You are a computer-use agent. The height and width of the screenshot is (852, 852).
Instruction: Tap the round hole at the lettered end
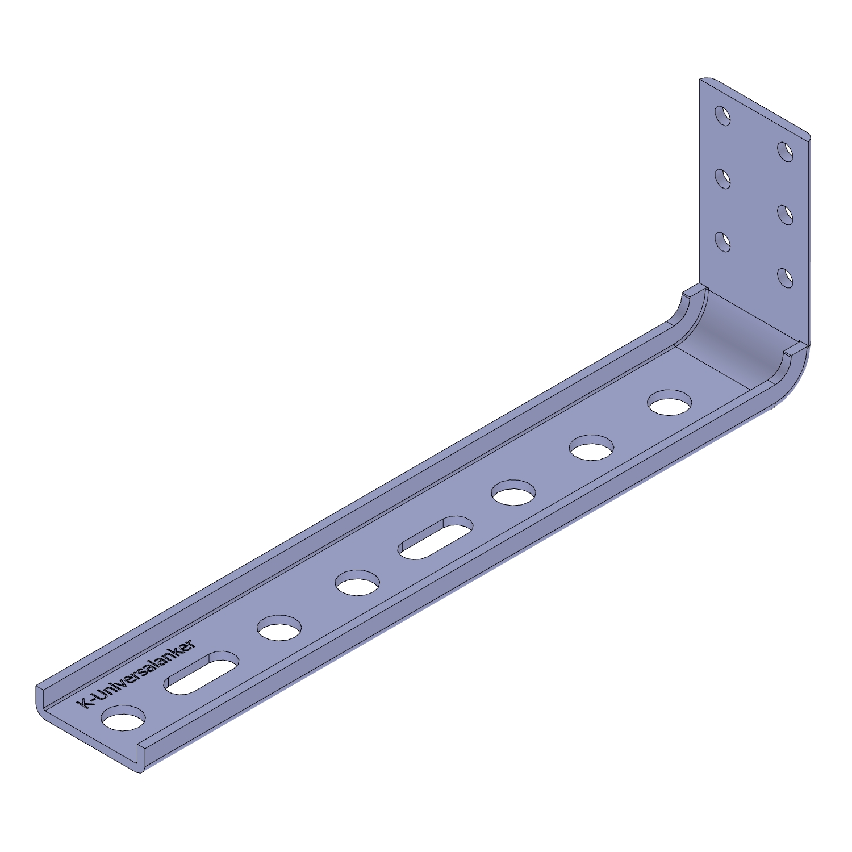tap(123, 719)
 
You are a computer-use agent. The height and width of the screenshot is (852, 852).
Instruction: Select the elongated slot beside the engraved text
tap(202, 673)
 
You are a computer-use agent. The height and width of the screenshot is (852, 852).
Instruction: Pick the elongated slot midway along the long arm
tap(436, 537)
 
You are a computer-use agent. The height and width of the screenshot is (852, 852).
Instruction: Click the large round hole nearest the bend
tap(670, 402)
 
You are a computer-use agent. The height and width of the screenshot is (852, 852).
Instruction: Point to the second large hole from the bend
tap(592, 448)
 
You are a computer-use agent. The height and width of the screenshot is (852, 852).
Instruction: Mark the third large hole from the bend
tap(514, 492)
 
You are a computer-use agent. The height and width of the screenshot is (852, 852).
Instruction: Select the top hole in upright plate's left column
tap(723, 116)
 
